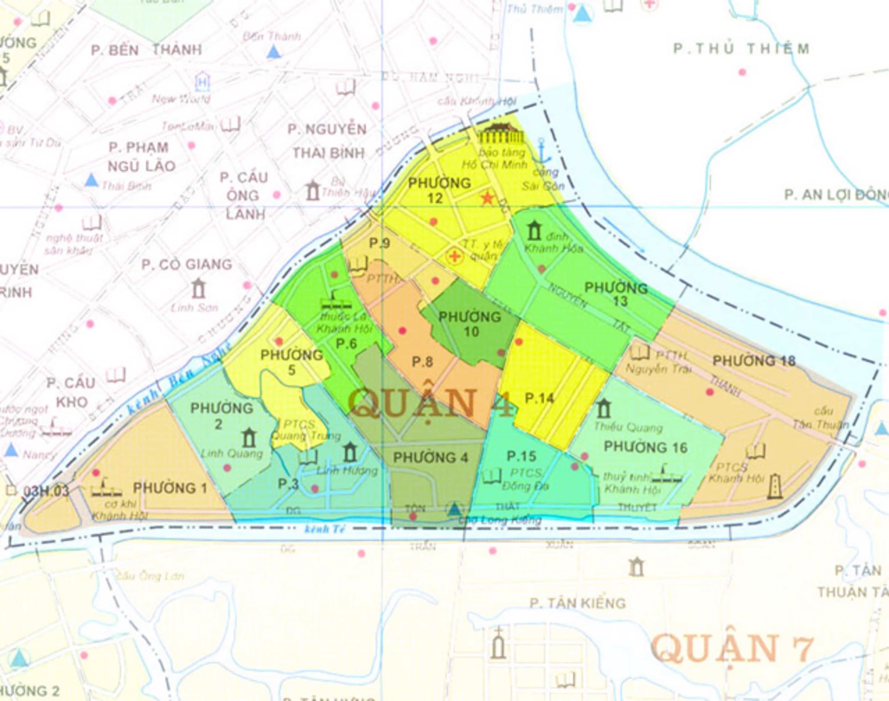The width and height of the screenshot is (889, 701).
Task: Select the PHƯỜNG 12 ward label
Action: (439, 190)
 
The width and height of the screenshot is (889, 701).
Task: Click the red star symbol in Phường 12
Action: (487, 199)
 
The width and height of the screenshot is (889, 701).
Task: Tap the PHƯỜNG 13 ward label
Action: (616, 294)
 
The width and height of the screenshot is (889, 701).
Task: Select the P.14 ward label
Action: (539, 398)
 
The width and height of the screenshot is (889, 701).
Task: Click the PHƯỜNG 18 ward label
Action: (754, 361)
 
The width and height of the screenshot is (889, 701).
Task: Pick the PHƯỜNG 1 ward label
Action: (170, 487)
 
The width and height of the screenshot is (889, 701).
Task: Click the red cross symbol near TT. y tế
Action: (454, 256)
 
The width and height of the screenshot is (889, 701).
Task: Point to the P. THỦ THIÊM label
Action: (741, 49)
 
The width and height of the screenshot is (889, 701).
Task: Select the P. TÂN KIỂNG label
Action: (578, 603)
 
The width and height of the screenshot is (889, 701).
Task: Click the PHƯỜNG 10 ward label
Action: (470, 324)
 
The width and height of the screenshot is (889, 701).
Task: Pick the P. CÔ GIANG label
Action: (187, 264)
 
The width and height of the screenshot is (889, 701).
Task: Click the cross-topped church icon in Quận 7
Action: (499, 643)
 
